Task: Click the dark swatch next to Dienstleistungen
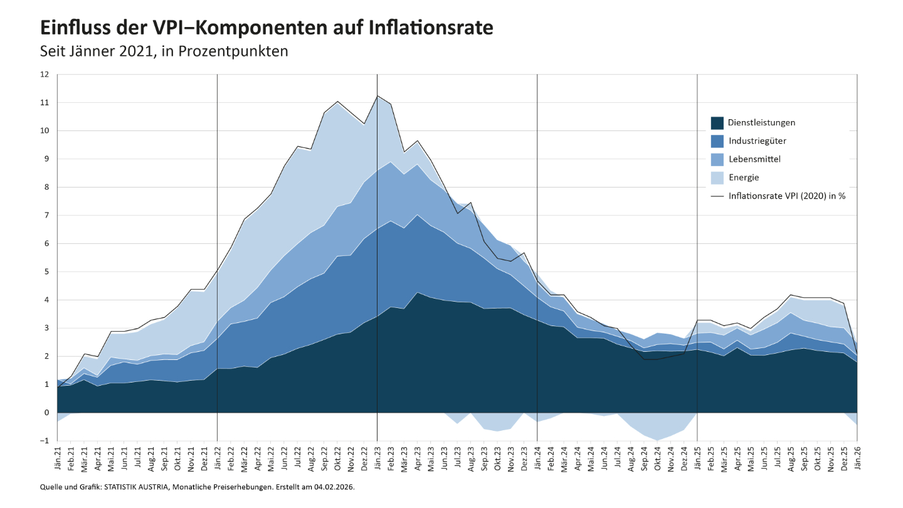coord(717,122)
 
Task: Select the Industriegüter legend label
coord(757,140)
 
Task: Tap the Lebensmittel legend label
coord(754,159)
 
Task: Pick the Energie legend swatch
coord(717,177)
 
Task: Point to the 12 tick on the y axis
coord(45,75)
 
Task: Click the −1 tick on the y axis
coord(44,441)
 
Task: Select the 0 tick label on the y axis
coord(46,413)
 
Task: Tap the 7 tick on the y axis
coord(46,216)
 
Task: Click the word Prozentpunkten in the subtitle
coord(233,51)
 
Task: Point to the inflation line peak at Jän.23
coord(377,96)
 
